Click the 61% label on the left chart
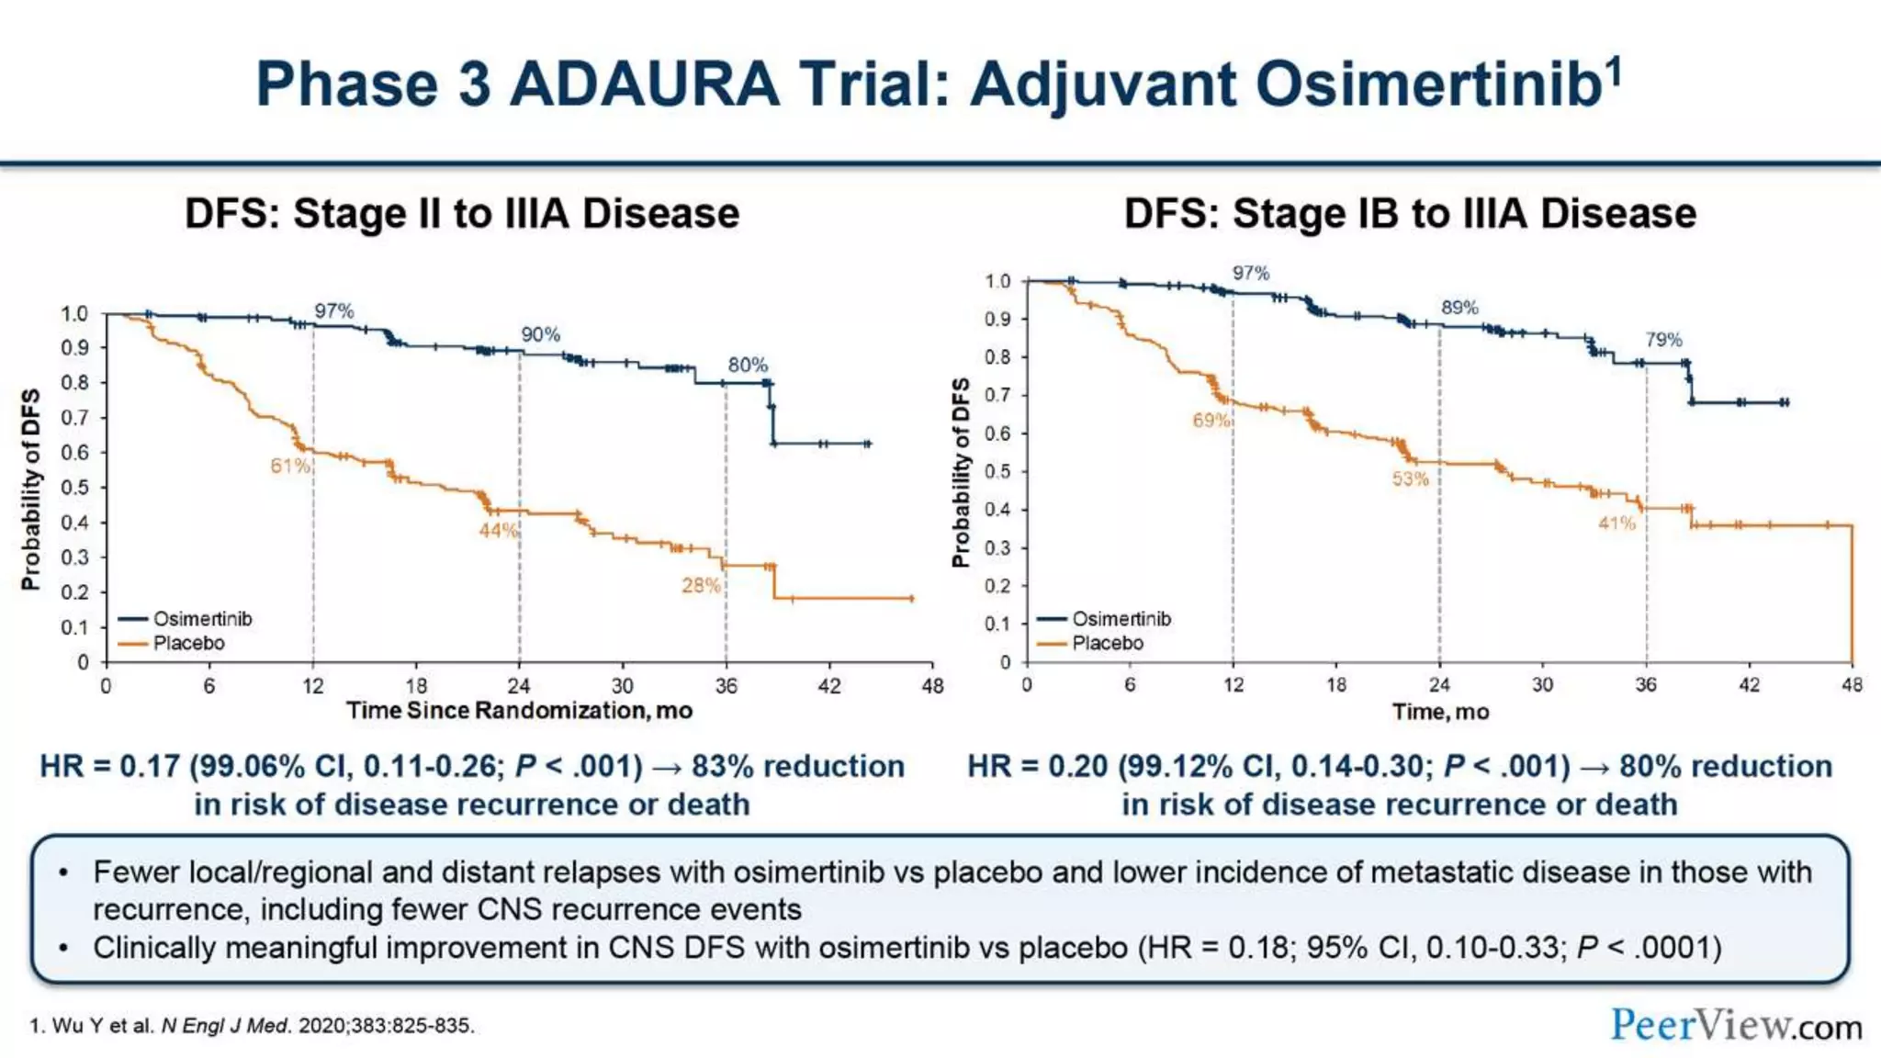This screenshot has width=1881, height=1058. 289,466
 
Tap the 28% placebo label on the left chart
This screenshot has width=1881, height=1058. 701,585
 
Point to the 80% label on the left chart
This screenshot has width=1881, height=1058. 748,365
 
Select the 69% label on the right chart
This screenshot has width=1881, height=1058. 1211,420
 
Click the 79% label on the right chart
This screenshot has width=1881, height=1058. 1663,340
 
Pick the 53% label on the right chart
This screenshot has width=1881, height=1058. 1410,478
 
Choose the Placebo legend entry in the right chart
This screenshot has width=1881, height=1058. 1107,643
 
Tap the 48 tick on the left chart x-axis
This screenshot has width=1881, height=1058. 932,686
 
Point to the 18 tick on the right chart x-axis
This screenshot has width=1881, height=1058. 1336,685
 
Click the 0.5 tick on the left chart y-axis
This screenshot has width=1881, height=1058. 74,488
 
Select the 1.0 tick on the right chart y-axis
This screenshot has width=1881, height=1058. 997,281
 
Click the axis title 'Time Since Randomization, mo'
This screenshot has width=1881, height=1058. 519,711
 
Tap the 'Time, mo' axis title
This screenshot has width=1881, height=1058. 1440,712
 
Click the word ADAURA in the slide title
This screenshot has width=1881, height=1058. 645,84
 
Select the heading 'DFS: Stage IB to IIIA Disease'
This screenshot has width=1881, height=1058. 1410,213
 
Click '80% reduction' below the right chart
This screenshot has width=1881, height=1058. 1726,766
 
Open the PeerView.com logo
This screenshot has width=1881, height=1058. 1736,1025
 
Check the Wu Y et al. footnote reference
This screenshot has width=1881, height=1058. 252,1026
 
